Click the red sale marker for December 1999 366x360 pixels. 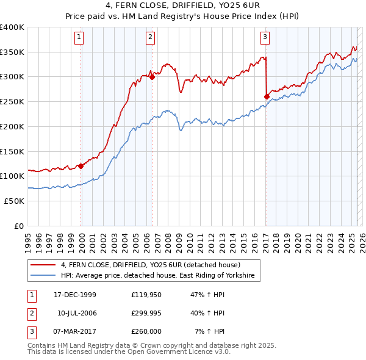[x=81, y=166]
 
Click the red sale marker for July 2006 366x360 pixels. [x=152, y=77]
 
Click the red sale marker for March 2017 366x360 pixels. [x=267, y=96]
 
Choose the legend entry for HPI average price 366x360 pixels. [x=160, y=276]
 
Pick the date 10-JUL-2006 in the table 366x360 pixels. [x=77, y=313]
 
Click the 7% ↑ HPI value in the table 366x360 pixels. [x=209, y=331]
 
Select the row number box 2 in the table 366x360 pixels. [x=31, y=313]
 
